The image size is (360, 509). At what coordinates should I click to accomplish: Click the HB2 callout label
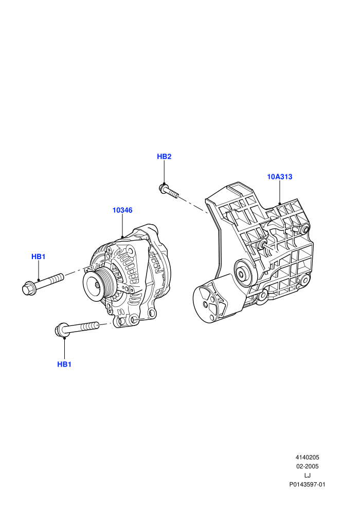[x=164, y=156]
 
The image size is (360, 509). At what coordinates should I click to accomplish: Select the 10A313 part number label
[x=279, y=177]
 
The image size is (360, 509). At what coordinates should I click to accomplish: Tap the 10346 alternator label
[x=122, y=210]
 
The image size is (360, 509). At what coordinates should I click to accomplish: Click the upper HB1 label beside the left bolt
[x=38, y=257]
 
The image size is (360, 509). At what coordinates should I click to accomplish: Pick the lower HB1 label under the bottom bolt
[x=64, y=365]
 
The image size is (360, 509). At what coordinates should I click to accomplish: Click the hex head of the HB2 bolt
[x=163, y=188]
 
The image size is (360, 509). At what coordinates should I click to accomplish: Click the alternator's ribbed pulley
[x=98, y=285]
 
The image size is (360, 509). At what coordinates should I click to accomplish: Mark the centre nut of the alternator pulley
[x=97, y=285]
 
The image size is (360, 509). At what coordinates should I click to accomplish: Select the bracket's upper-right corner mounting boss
[x=304, y=230]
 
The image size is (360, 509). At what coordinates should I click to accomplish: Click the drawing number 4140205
[x=307, y=458]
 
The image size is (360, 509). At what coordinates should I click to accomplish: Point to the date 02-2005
[x=307, y=466]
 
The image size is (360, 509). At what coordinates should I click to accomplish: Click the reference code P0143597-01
[x=307, y=485]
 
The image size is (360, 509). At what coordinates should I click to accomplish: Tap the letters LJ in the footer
[x=307, y=476]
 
